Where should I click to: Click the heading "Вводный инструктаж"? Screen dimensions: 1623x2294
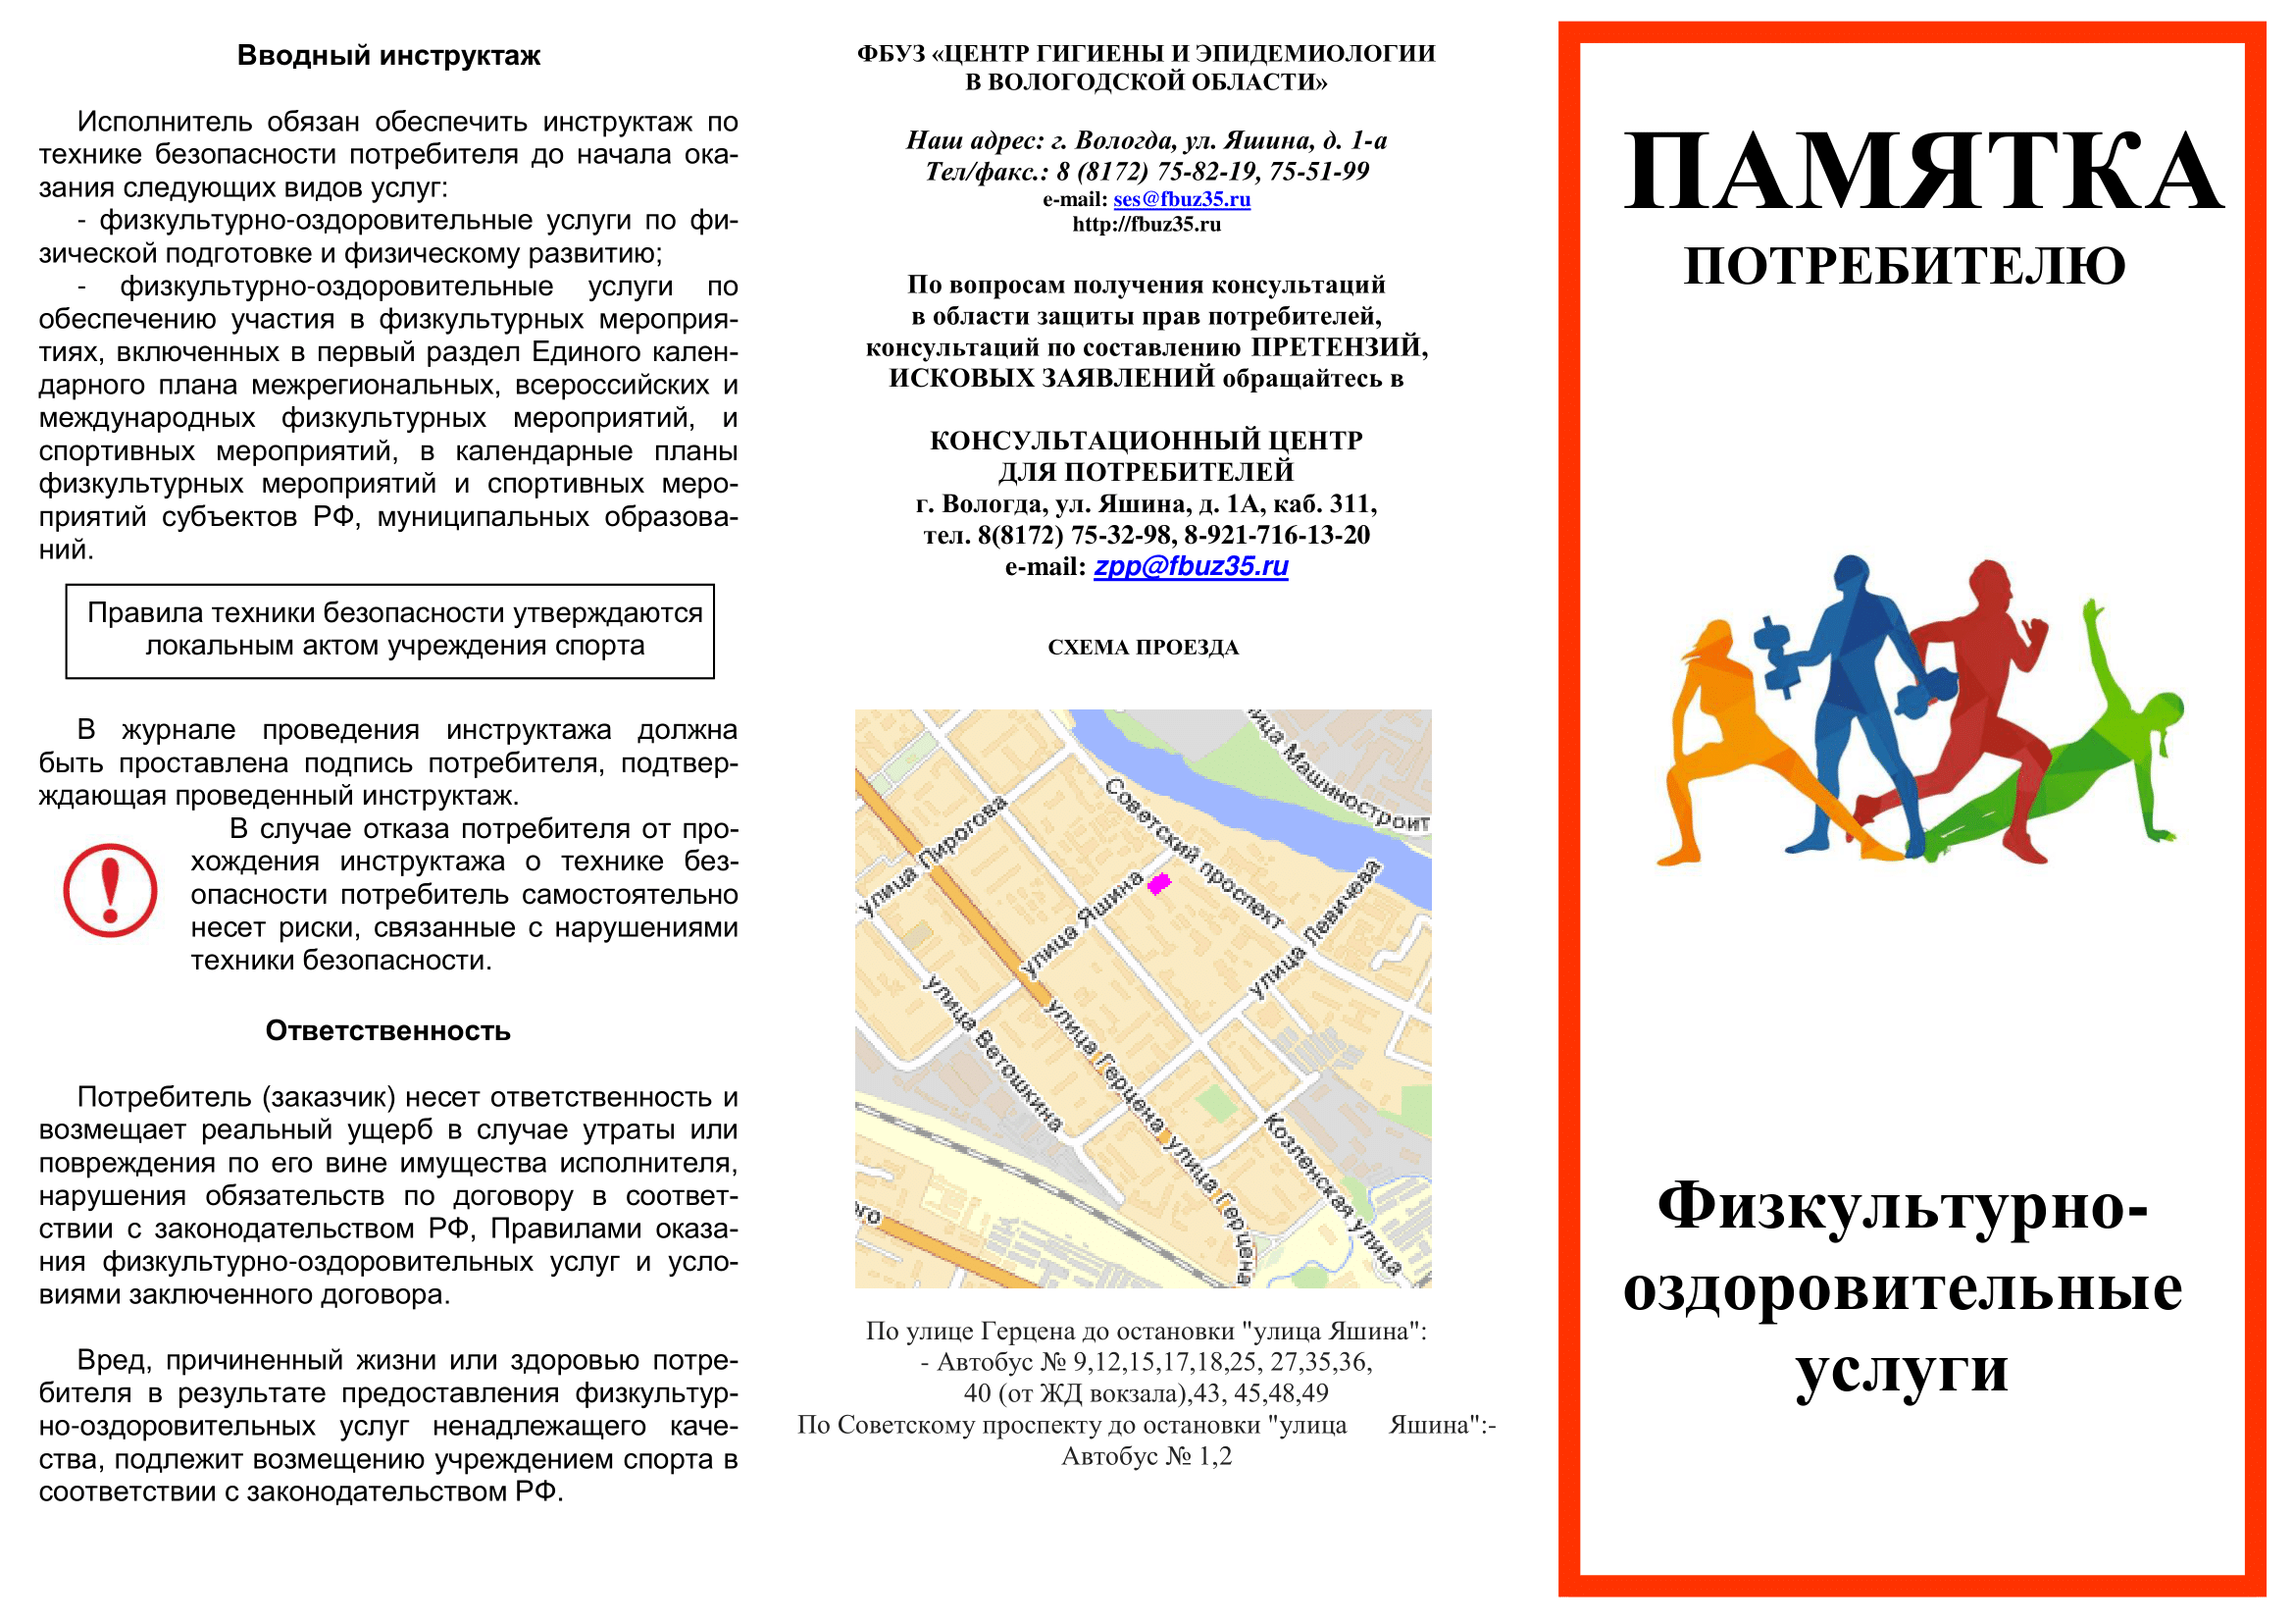click(387, 56)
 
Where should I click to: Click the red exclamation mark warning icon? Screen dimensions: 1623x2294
click(110, 890)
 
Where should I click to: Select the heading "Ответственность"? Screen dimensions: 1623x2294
click(387, 1031)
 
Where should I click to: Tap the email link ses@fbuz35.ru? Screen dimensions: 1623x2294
click(1182, 199)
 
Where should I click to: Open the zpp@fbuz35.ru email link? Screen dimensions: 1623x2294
click(1191, 566)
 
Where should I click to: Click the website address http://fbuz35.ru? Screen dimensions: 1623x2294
click(1146, 225)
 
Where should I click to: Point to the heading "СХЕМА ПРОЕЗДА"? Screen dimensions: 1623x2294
click(1143, 648)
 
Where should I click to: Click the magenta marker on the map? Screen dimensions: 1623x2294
click(1158, 883)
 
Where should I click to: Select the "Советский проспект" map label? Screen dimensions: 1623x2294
click(1193, 853)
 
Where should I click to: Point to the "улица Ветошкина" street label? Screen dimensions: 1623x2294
click(993, 1053)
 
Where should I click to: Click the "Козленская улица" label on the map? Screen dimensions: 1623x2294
click(1331, 1193)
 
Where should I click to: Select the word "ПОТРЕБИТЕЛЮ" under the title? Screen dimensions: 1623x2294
click(1905, 267)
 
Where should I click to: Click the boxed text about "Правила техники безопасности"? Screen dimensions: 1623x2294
click(389, 631)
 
